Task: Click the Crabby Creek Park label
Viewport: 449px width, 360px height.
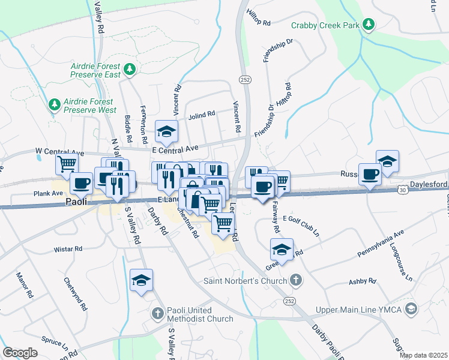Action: click(325, 25)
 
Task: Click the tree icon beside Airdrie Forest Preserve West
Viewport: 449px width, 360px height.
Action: click(55, 105)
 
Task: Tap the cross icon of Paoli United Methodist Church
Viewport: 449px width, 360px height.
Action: click(157, 313)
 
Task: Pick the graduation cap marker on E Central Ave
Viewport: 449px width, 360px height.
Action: click(167, 130)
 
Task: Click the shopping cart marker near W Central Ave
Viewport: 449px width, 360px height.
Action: click(67, 163)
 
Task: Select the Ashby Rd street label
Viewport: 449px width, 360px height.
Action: click(362, 281)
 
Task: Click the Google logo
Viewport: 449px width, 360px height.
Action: click(20, 353)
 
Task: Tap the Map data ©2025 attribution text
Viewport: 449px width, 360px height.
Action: click(424, 355)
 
